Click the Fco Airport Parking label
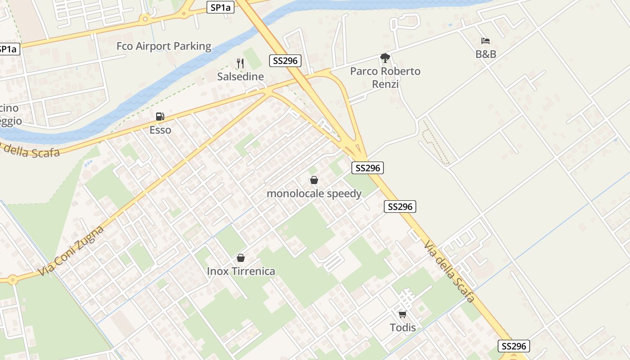click(164, 46)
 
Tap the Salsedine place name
click(240, 76)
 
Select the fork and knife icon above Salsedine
click(240, 63)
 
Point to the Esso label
click(160, 130)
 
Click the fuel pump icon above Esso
click(160, 117)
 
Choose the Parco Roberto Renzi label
click(385, 77)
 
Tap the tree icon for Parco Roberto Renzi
click(385, 58)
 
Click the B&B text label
click(486, 54)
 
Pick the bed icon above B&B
click(485, 41)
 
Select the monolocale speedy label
click(314, 193)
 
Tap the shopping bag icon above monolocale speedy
click(314, 180)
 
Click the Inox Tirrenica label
click(241, 271)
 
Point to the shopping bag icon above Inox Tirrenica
click(241, 258)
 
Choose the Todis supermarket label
click(403, 327)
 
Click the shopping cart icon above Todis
click(402, 314)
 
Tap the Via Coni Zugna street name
click(71, 251)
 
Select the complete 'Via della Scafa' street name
click(449, 271)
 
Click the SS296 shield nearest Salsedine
click(285, 61)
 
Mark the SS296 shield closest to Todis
click(513, 346)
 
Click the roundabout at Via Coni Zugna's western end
click(12, 280)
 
